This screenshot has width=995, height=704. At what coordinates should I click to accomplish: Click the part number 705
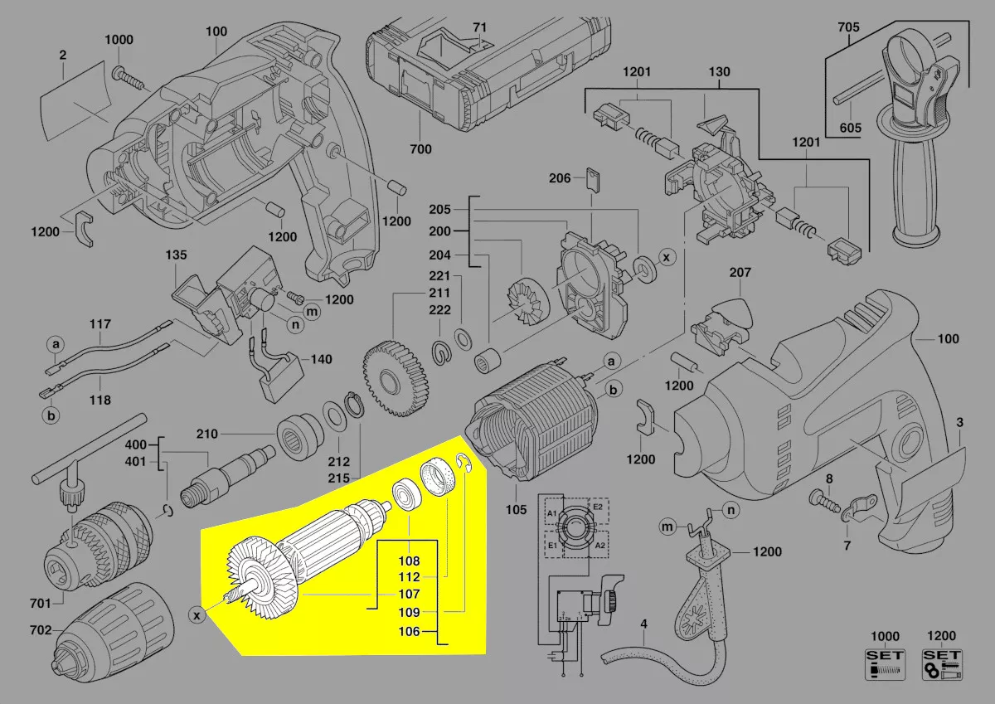tap(848, 27)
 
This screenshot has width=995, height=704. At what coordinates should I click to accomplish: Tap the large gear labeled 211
tap(395, 378)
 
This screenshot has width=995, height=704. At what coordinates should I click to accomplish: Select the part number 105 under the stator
tap(516, 509)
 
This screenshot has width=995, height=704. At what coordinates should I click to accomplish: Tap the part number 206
tap(560, 178)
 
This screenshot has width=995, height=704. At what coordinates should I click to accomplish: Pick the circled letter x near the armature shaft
tap(197, 615)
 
